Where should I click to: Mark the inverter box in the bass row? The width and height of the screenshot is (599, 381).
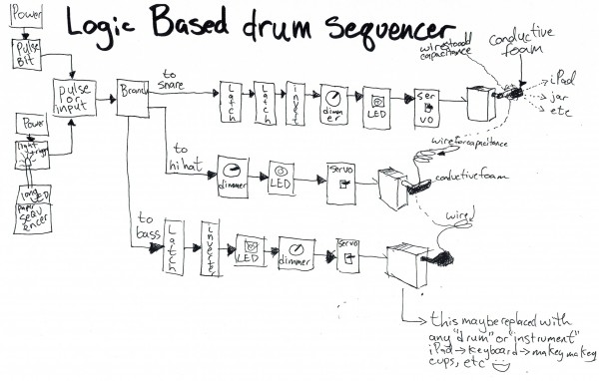[x=211, y=246]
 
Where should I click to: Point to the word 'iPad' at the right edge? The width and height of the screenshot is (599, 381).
[x=561, y=78]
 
